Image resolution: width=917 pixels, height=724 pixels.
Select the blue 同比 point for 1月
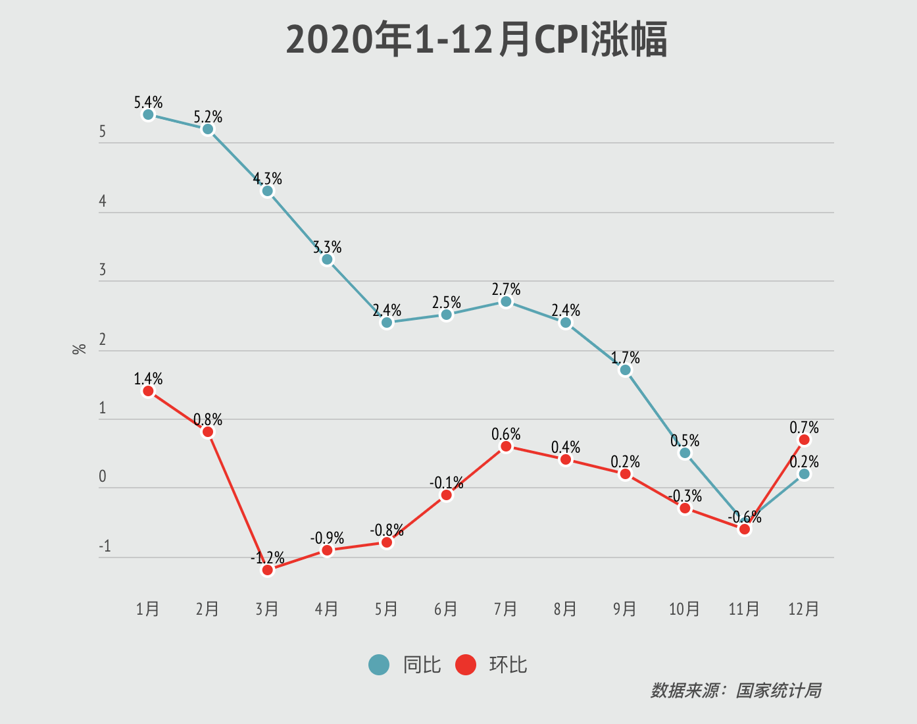[x=148, y=115]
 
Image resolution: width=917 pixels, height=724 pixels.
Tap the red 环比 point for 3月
[x=267, y=570]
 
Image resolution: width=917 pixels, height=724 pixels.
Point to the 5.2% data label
[x=208, y=117]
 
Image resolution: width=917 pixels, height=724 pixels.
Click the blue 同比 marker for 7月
[x=506, y=301]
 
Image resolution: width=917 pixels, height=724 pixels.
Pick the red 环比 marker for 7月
[x=506, y=447]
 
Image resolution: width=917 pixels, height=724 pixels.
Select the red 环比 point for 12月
[x=804, y=440]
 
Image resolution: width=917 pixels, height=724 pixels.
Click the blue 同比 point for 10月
[x=685, y=453]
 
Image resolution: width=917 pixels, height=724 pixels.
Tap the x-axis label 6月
[x=446, y=609]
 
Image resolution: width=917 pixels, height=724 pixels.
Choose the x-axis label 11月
[x=744, y=609]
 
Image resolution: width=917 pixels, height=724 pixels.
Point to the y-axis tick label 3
[x=103, y=270]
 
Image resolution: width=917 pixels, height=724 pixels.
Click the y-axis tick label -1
[x=105, y=547]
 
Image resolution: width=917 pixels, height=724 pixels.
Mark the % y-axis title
[x=80, y=349]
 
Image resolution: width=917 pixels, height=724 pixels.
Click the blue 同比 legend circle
[x=379, y=665]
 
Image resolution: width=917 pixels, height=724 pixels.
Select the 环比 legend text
[x=508, y=665]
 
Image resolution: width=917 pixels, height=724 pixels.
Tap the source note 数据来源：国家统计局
[x=735, y=690]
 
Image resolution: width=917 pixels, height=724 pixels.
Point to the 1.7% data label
[x=625, y=358]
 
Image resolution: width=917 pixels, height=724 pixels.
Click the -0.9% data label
[x=327, y=538]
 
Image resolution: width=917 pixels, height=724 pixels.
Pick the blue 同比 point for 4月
[x=327, y=260]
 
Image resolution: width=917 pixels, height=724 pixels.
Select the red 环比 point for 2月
[x=208, y=432]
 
